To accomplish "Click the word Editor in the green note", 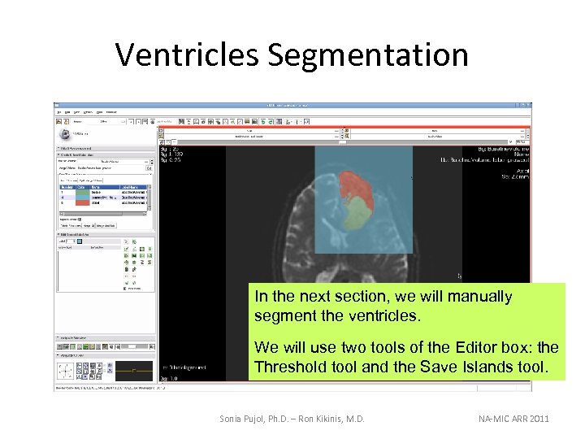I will pos(464,348).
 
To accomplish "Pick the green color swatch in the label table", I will pos(84,197).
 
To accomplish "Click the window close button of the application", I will pos(529,105).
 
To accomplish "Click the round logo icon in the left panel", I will pos(63,134).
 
